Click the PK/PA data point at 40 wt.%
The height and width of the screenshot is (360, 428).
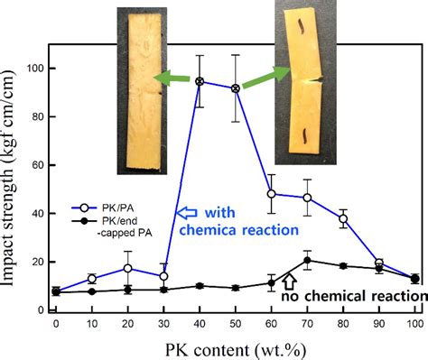200,81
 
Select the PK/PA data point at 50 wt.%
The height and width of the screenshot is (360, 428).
236,88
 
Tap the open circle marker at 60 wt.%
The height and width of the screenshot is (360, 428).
272,194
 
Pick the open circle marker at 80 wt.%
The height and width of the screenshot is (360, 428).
343,218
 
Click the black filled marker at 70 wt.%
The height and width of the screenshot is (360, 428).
307,260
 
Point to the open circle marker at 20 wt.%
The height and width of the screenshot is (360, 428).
128,268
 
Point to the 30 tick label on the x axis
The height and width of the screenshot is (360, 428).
163,324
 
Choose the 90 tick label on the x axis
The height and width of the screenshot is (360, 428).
378,324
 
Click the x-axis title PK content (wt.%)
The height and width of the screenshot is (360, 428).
235,347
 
